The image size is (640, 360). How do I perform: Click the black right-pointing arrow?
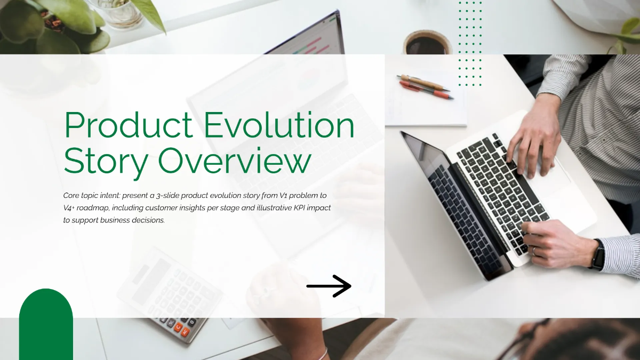[329, 286]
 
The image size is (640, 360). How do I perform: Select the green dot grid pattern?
[470, 43]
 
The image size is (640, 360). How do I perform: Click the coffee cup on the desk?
[427, 43]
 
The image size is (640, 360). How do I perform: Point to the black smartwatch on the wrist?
[598, 254]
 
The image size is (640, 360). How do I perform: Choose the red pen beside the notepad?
[427, 90]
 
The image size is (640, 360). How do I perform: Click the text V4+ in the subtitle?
[69, 207]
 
